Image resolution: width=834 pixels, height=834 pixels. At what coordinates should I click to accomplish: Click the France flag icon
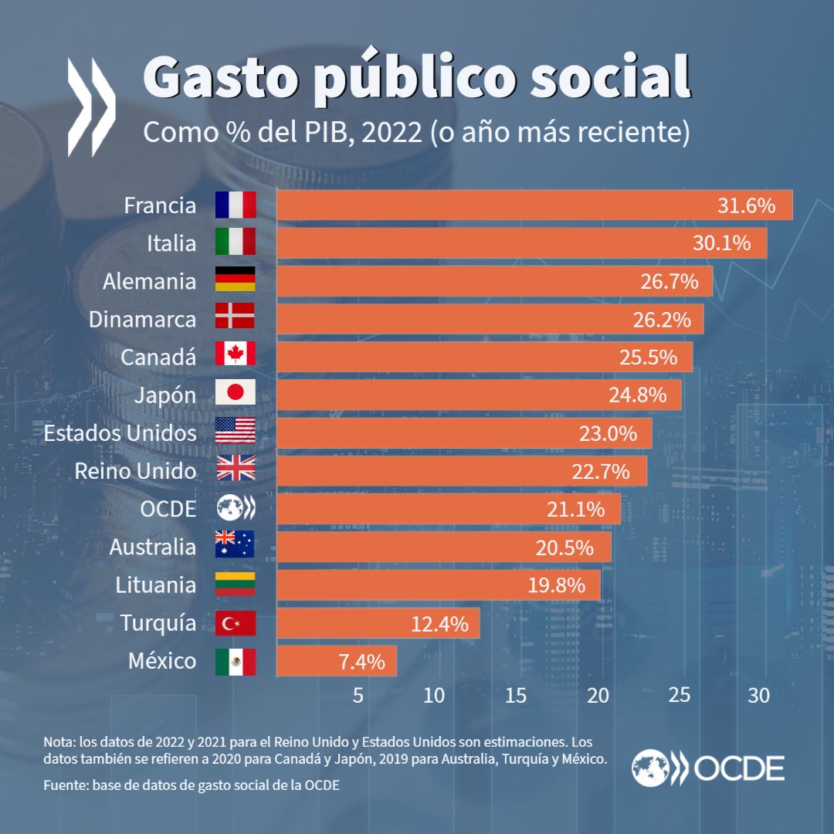pos(235,205)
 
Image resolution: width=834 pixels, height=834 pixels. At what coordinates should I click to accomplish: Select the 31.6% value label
pos(747,205)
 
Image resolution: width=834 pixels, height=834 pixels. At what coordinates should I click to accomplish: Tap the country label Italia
pos(171,243)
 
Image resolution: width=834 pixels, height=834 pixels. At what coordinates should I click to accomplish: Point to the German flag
pos(235,281)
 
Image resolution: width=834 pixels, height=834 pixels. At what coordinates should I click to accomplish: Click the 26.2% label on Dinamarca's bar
pos(665,319)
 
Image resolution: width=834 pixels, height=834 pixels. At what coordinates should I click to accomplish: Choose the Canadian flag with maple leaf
pos(235,357)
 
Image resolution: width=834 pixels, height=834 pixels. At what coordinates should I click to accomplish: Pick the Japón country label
pos(165,395)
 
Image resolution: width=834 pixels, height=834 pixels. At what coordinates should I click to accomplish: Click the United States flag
pos(235,432)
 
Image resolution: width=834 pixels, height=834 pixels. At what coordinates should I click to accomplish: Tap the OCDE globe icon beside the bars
pos(235,508)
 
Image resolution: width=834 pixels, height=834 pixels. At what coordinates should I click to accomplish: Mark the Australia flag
pos(235,547)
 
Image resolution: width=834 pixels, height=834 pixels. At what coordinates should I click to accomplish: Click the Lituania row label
pos(155,585)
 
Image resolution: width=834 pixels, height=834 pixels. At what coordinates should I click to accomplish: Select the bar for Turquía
pos(378,623)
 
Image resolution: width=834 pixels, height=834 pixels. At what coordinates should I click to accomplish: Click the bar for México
pos(336,661)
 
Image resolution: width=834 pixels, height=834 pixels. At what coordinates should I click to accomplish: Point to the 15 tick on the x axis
pos(516,695)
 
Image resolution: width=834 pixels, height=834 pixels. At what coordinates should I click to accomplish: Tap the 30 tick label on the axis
pos(759,695)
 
